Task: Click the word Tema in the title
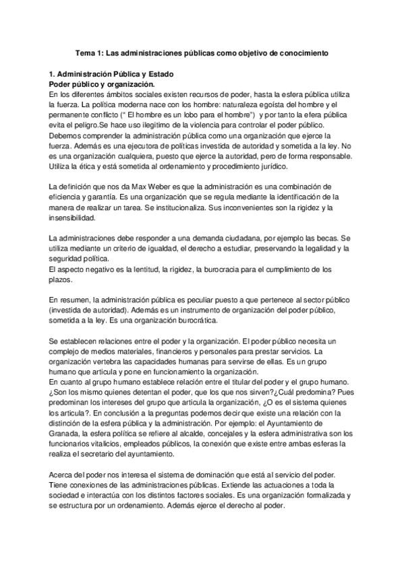coord(84,52)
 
